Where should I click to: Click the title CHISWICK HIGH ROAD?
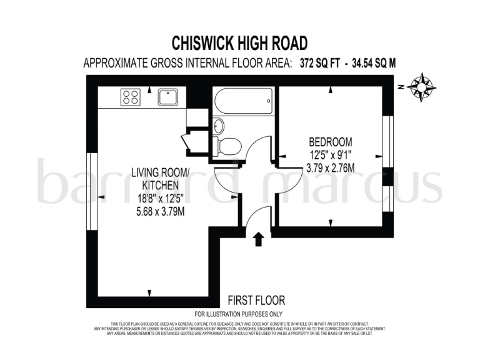[x=240, y=42]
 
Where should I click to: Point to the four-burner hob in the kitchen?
[x=131, y=97]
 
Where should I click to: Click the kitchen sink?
[x=167, y=97]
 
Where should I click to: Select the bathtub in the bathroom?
[x=242, y=99]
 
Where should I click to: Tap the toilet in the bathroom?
[x=227, y=146]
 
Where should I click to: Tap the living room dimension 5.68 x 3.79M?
[x=155, y=211]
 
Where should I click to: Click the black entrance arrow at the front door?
[x=258, y=239]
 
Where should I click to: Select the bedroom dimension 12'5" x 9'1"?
[x=331, y=154]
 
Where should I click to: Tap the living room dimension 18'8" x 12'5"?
[x=155, y=199]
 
